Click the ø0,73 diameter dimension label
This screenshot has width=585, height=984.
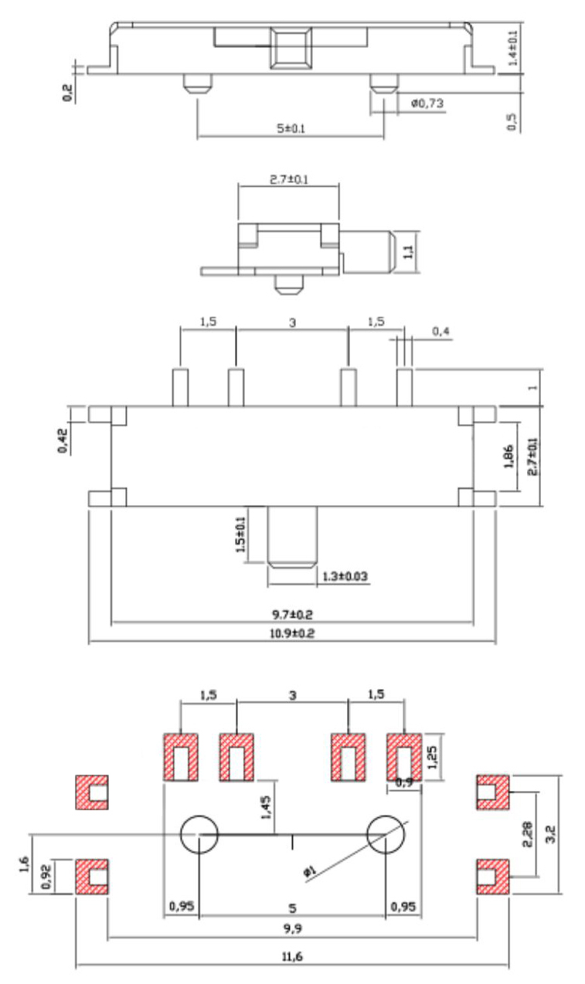tap(427, 103)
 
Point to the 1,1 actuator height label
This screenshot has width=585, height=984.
tap(410, 249)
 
